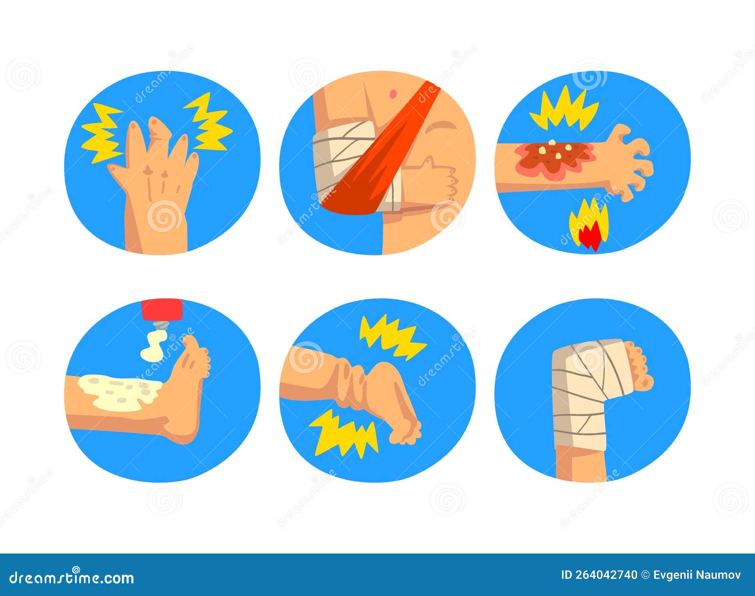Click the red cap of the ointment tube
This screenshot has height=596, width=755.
[x=162, y=309]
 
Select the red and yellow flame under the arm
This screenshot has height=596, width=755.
[x=588, y=226]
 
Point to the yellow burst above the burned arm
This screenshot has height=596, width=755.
[x=564, y=109]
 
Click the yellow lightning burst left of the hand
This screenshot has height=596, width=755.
[x=101, y=132]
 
